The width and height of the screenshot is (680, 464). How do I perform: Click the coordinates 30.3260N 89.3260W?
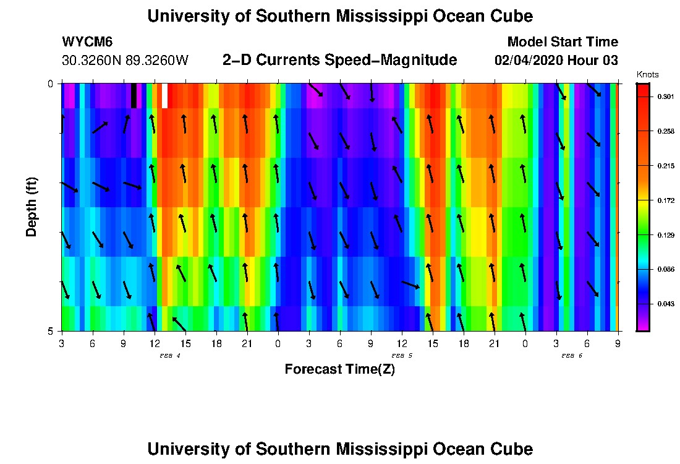point(125,61)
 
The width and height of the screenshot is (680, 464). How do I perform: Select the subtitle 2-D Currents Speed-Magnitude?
point(339,60)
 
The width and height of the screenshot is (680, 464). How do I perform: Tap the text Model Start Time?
point(562,42)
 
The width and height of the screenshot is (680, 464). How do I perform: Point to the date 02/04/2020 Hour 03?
point(556,61)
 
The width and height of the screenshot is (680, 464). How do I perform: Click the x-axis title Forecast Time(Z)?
point(339,369)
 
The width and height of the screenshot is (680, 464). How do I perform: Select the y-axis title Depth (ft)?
point(32,207)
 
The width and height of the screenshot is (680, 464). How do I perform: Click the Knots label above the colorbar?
point(647,74)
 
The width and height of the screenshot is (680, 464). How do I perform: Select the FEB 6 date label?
point(572,356)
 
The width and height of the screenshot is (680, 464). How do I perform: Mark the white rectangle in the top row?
point(164,96)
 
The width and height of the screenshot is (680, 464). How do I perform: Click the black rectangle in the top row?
point(134,96)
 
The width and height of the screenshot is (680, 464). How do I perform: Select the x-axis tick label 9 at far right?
point(618,343)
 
